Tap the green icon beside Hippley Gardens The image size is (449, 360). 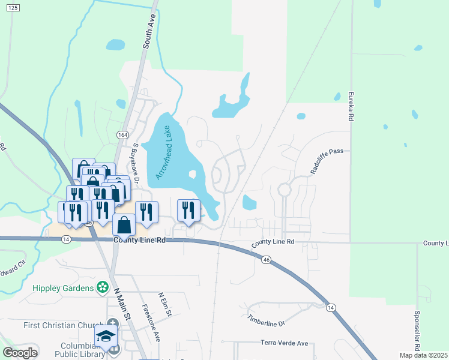pyautogui.click(x=104, y=288)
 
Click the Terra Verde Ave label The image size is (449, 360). pyautogui.click(x=284, y=343)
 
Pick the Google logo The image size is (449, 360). pyautogui.click(x=20, y=353)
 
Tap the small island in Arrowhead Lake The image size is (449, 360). pyautogui.click(x=193, y=175)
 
